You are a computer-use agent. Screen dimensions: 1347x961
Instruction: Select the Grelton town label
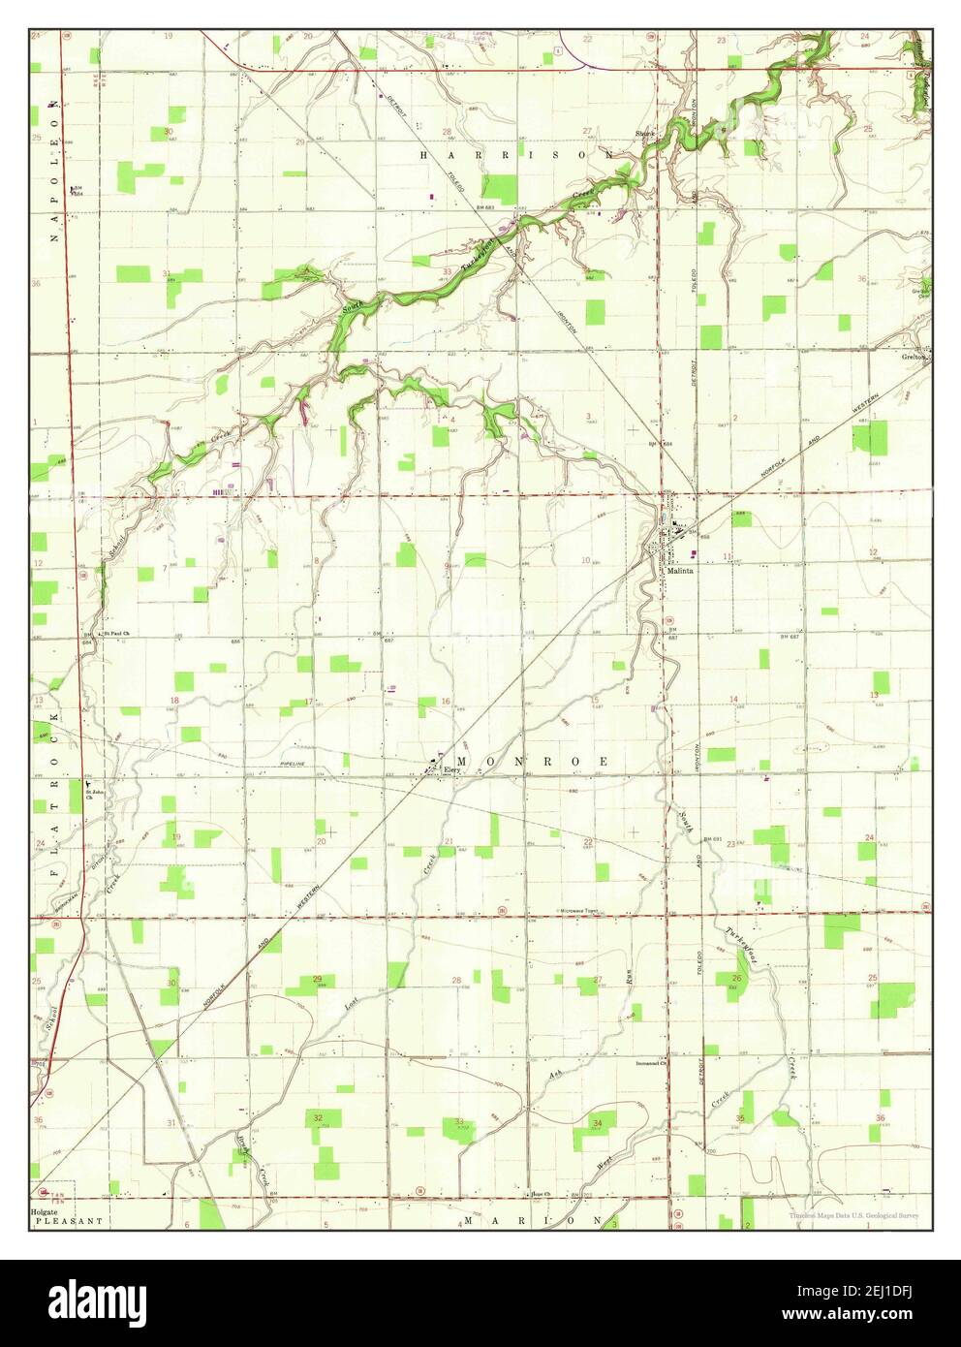[x=914, y=356]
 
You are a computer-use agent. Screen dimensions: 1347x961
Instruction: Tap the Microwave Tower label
[x=582, y=911]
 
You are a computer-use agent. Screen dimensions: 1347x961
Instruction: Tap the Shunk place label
[x=645, y=133]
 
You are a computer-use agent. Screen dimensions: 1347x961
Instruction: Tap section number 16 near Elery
[x=446, y=701]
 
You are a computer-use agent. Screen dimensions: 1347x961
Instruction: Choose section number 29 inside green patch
[x=318, y=981]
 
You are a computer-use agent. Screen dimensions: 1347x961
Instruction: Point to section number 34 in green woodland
[x=598, y=1123]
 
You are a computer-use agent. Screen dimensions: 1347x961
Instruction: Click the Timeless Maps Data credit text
[x=852, y=1214]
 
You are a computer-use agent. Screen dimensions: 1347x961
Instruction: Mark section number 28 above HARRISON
[x=447, y=132]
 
